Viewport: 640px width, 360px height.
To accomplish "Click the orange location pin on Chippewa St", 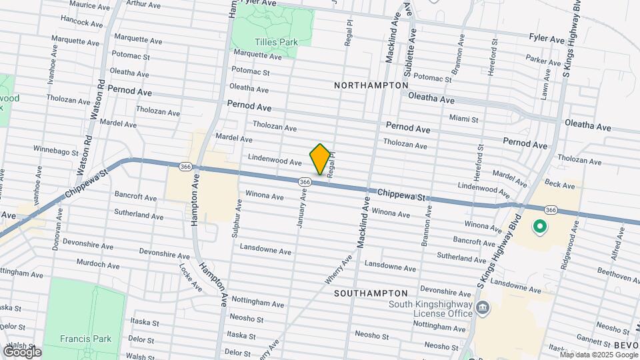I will coord(320,159).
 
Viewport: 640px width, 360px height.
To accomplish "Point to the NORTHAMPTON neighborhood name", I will coord(371,85).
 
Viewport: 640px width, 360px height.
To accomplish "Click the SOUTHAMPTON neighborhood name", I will coord(371,293).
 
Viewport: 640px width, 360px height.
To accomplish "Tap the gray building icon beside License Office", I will coord(483,308).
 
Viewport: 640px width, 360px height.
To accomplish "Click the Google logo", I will coord(22,351).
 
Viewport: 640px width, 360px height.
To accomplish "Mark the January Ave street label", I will coord(301,207).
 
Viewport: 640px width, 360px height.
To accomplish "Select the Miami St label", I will coord(463,119).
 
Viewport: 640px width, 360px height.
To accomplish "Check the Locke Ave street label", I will coord(190,277).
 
